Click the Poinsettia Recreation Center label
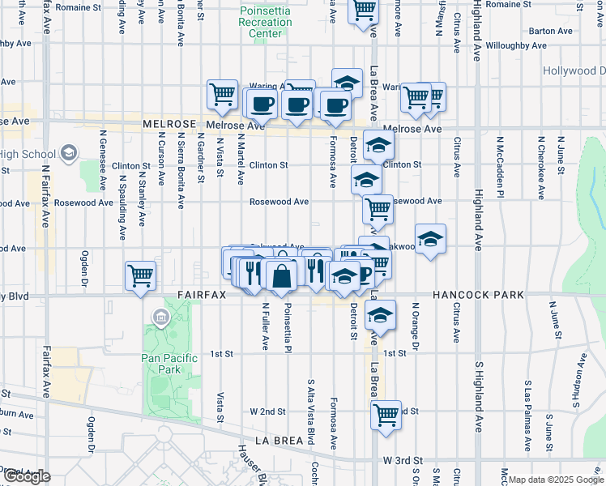pos(266,22)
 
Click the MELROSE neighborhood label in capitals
pos(169,125)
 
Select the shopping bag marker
pos(281,274)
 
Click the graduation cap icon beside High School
pos(70,153)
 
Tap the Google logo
pos(27,477)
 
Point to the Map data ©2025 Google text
pos(555,480)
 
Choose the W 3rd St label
pos(403,460)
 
